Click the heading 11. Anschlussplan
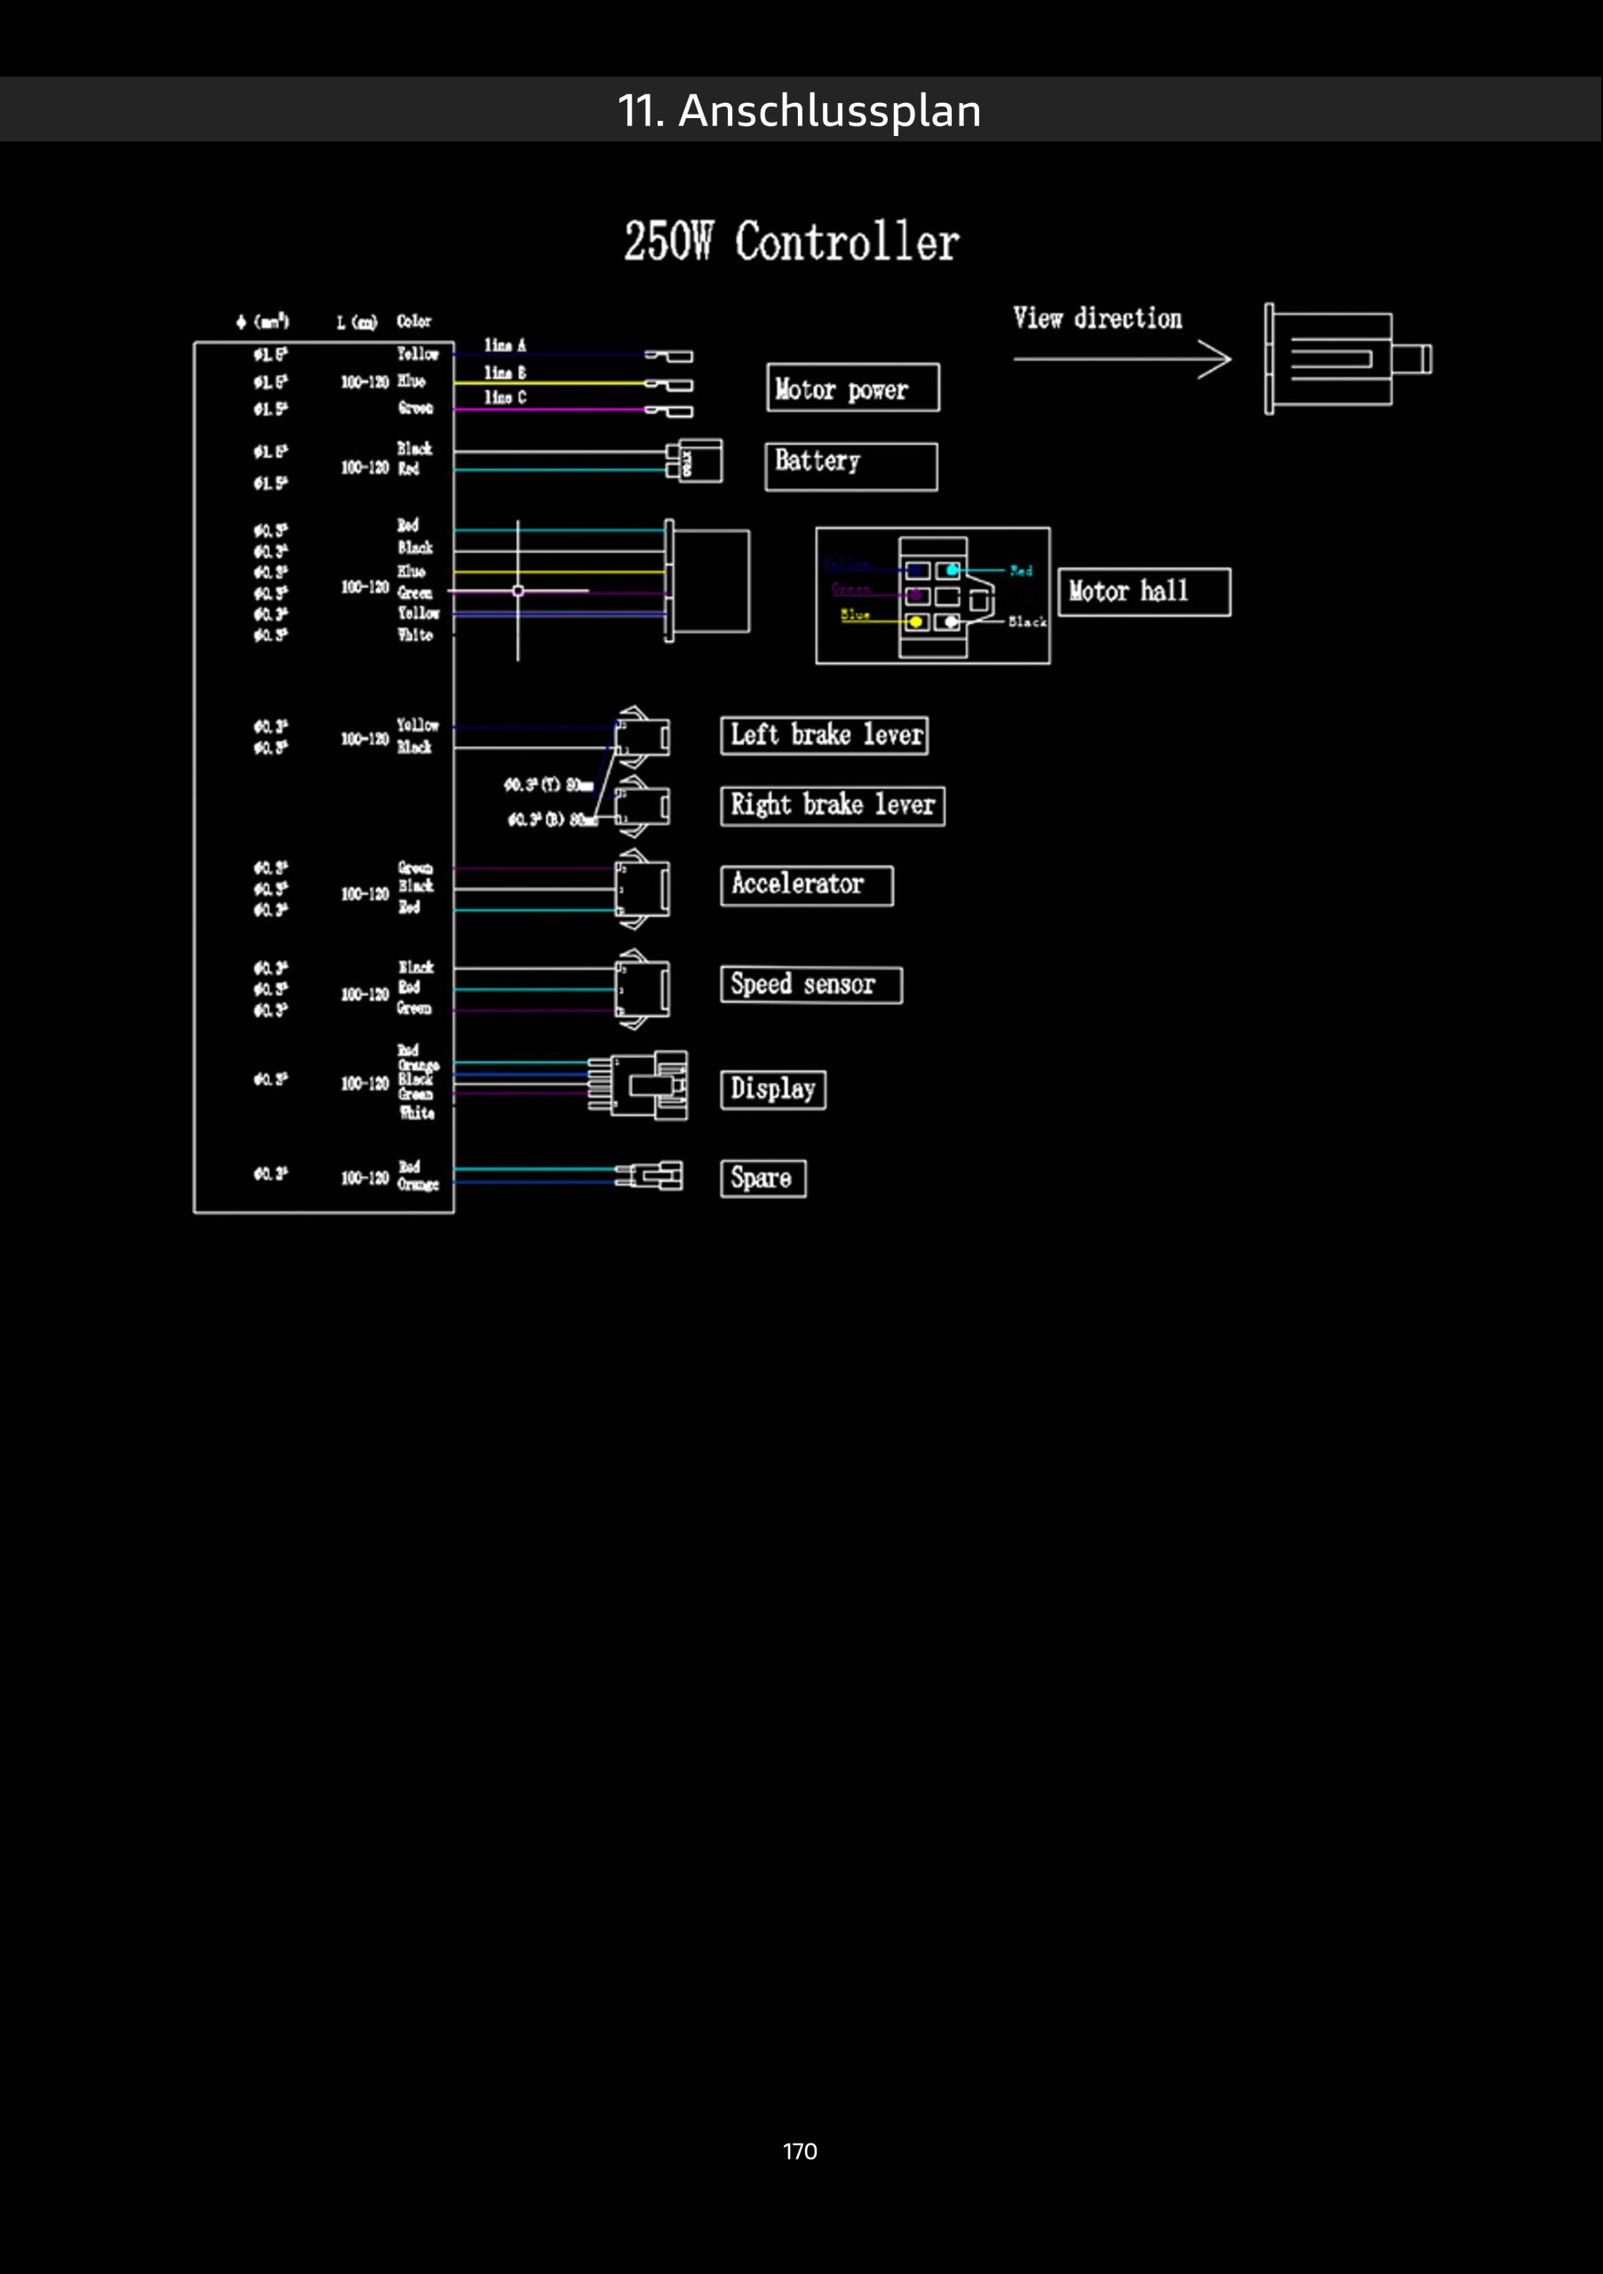[800, 110]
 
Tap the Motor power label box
[852, 388]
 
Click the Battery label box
[850, 465]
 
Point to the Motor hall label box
[1144, 592]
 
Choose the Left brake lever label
[825, 735]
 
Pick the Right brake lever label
[833, 805]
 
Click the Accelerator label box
[807, 886]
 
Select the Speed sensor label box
[810, 985]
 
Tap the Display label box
[773, 1089]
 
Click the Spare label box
[763, 1179]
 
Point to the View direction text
[1097, 319]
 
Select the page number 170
[800, 2151]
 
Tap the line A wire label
[506, 346]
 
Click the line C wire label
[506, 397]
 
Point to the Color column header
[414, 321]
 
